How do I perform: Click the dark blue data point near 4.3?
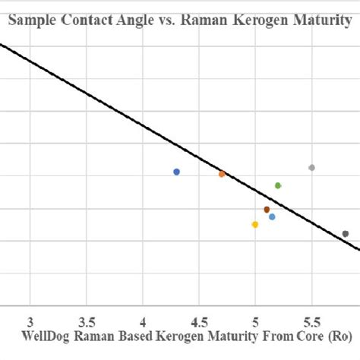pos(176,172)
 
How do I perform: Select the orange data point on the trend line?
pos(222,174)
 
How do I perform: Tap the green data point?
pos(278,185)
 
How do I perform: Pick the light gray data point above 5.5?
pos(311,167)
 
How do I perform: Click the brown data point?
pos(267,210)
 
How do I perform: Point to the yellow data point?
pos(255,224)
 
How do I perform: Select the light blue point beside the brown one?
pos(272,216)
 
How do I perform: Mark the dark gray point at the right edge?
pos(346,234)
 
